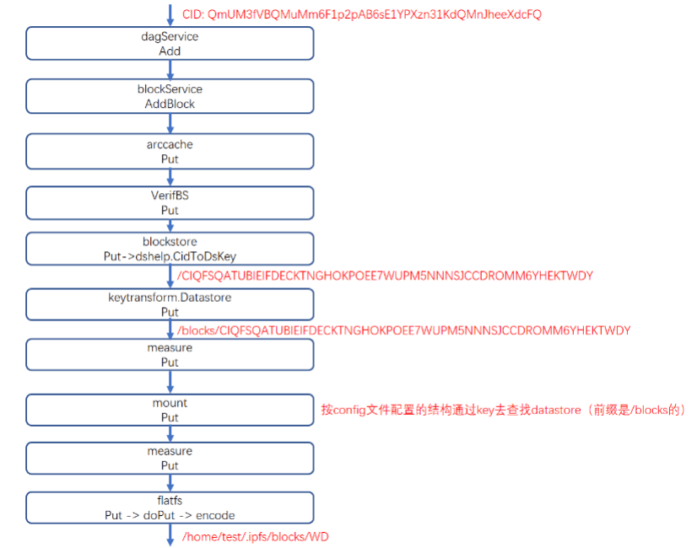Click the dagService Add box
[170, 44]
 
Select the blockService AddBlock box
[170, 96]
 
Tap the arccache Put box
[170, 151]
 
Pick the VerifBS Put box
[170, 202]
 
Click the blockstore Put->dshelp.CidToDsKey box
[170, 248]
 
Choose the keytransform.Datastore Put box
[170, 304]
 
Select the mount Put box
[170, 410]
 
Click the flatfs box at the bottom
[170, 508]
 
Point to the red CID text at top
[361, 13]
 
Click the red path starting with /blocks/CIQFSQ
[404, 330]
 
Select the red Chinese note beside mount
[503, 410]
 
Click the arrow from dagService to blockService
[170, 70]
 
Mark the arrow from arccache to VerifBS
[170, 177]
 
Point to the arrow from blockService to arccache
[170, 123]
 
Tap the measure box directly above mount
[170, 355]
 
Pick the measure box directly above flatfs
[170, 458]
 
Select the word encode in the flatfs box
[215, 514]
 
